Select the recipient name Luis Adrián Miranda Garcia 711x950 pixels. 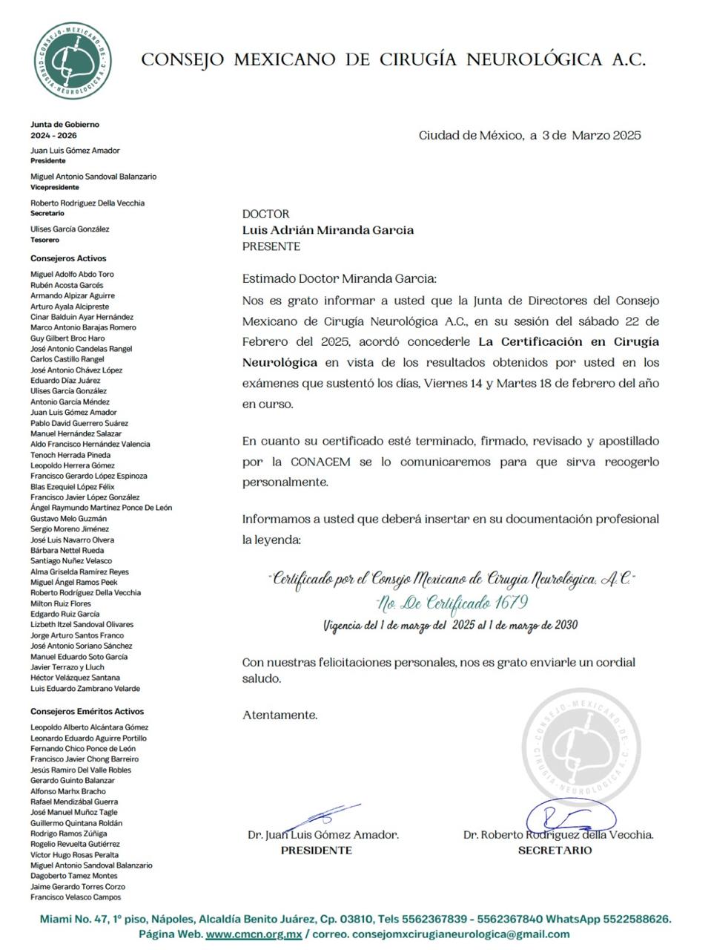(x=328, y=230)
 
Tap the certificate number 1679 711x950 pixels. (x=511, y=602)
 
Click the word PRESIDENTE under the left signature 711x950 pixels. (x=316, y=851)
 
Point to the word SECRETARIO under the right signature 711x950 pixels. (x=555, y=851)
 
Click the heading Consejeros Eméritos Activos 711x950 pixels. (x=87, y=711)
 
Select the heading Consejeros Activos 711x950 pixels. (x=68, y=258)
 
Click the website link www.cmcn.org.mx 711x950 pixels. (x=254, y=934)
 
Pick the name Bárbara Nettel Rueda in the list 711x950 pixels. (x=67, y=550)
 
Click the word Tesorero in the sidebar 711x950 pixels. (x=44, y=240)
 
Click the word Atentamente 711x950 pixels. (x=280, y=715)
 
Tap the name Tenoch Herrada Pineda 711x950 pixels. (x=70, y=455)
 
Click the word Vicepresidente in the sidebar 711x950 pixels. (x=55, y=187)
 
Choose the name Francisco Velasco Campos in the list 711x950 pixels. (x=76, y=897)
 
